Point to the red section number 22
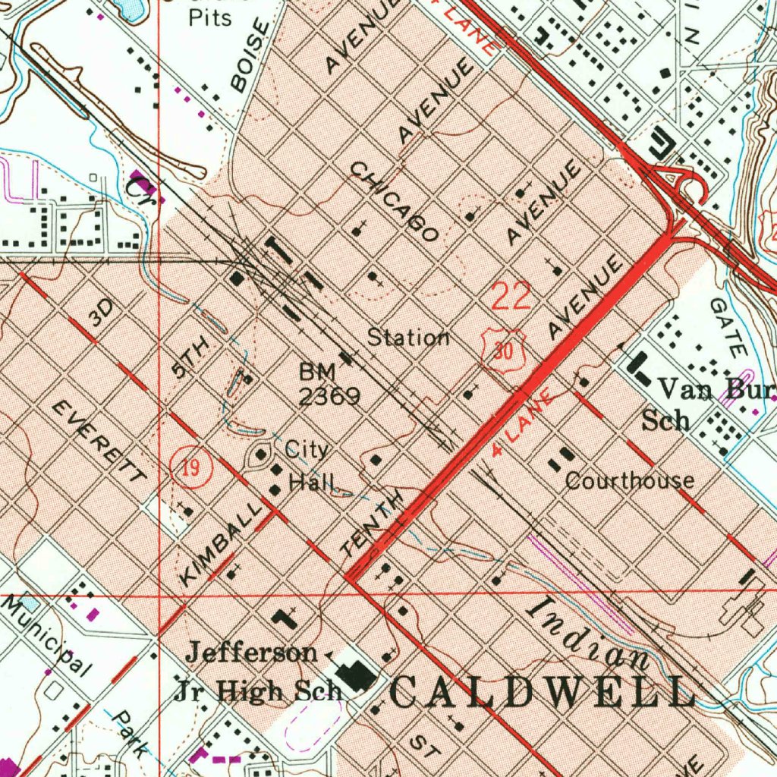[x=511, y=296]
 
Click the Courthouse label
[x=629, y=480]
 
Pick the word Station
[x=408, y=338]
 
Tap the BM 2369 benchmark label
[x=327, y=384]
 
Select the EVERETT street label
[x=99, y=442]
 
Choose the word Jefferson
[x=252, y=652]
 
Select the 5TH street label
[x=190, y=358]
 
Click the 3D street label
[x=100, y=312]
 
